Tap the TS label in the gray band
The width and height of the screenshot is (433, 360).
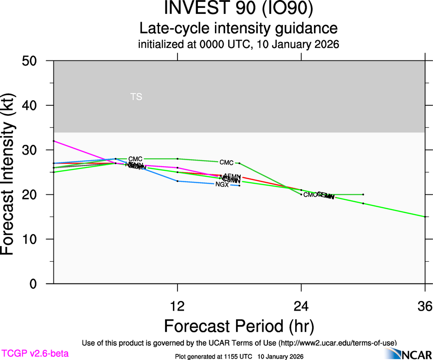pos(136,97)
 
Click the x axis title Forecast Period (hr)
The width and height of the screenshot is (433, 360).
pos(239,326)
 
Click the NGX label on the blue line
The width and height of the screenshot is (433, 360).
pos(222,185)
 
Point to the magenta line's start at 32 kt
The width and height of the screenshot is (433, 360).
pos(54,141)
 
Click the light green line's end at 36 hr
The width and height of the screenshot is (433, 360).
pos(424,216)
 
